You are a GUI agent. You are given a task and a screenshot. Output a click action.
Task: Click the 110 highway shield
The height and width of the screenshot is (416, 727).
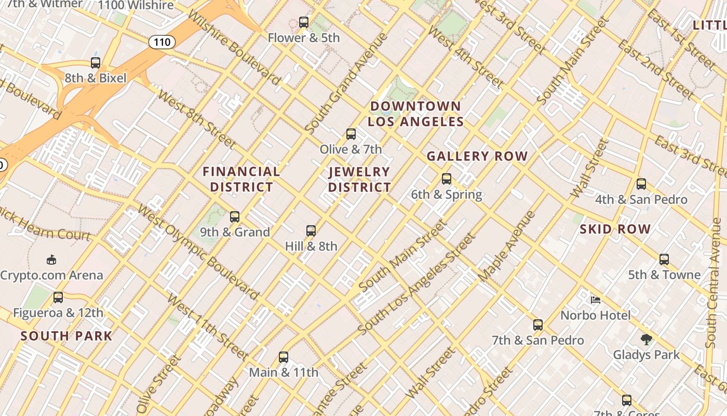coord(162,42)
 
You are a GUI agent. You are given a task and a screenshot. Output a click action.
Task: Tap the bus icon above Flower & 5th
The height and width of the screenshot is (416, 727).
coord(304,22)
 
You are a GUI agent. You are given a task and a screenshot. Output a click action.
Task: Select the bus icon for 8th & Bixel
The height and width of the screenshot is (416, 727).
coord(96,63)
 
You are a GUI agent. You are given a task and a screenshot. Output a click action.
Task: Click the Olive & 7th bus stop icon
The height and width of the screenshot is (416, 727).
coord(351,134)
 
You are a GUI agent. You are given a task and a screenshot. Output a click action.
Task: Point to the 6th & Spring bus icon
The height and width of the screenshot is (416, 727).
coord(447,179)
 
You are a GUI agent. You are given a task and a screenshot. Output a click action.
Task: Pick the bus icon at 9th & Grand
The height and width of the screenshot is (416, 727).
coord(235,217)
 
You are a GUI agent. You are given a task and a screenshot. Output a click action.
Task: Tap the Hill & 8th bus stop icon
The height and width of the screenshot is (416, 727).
coord(311,231)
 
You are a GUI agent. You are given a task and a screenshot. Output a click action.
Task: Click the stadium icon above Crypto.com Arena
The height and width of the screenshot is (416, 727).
coord(51,259)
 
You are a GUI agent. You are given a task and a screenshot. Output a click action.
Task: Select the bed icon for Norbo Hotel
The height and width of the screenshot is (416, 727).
coord(596,300)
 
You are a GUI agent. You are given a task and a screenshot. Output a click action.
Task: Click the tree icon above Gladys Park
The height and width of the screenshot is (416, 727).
coord(646,340)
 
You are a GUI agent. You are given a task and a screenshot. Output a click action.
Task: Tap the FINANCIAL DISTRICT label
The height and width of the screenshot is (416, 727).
coord(241,179)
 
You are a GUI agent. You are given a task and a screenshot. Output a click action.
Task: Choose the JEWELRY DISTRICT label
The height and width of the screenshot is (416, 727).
coord(359,179)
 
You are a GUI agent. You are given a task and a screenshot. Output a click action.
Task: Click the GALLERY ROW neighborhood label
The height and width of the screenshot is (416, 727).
coord(477,156)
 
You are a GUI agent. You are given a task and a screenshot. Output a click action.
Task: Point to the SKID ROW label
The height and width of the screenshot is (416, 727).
coord(615,229)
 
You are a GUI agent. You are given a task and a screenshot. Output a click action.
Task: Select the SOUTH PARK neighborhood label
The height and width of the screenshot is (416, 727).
coord(66,336)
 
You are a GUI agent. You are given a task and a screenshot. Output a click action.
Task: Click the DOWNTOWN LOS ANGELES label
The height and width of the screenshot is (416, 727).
coord(415,114)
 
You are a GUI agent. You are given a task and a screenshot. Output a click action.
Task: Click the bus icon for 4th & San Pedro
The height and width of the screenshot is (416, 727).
coord(641,184)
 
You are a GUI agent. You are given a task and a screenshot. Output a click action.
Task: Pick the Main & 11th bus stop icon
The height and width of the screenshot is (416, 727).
coord(283,357)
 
